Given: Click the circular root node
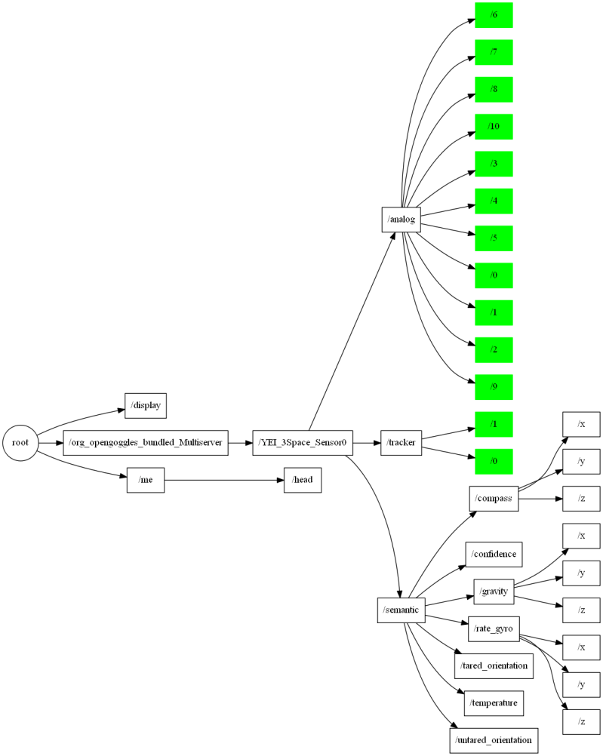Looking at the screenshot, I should point(20,443).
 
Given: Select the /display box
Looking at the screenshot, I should point(145,405).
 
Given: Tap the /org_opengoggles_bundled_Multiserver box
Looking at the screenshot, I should point(146,443).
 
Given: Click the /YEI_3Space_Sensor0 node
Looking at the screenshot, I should point(303,443).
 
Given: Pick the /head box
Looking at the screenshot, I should point(303,480).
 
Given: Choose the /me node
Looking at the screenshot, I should point(145,480).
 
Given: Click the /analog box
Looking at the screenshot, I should point(401,220).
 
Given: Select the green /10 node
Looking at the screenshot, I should point(494,127).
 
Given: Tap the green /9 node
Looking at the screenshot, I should point(494,387).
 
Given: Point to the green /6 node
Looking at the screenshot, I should point(494,15).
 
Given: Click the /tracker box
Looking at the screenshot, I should point(401,443).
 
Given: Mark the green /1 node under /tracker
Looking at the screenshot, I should point(494,424).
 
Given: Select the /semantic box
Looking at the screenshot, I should point(401,610).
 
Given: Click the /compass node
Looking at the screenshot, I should point(494,499).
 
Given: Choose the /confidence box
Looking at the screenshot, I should point(494,555).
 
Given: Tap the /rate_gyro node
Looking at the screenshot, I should point(494,628).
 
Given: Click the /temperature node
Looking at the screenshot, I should point(494,703).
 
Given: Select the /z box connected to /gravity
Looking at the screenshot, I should point(581,610).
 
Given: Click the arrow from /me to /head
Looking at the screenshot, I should point(223,480).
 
